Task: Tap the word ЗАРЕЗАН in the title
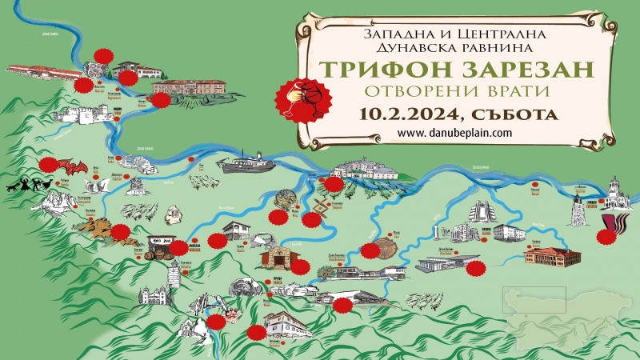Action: [527, 69]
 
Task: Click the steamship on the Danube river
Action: [246, 166]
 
